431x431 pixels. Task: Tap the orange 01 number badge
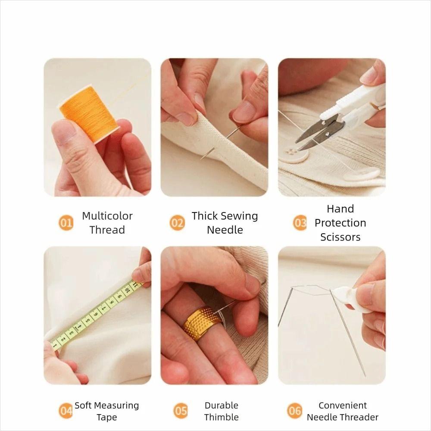[66, 223]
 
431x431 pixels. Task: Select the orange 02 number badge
[177, 223]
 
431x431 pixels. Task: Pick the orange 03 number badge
[300, 223]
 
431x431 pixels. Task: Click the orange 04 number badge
[66, 411]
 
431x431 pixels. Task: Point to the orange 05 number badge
[181, 411]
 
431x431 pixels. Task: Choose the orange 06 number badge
[295, 411]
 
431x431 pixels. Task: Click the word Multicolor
[107, 216]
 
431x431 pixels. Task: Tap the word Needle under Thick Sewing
[225, 230]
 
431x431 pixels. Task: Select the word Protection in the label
[340, 223]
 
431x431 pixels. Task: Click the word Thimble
[221, 417]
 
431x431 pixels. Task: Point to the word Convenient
[342, 406]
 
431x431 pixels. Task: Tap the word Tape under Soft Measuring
[106, 417]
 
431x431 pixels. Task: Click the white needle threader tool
[353, 297]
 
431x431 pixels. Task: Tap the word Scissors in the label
[340, 237]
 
